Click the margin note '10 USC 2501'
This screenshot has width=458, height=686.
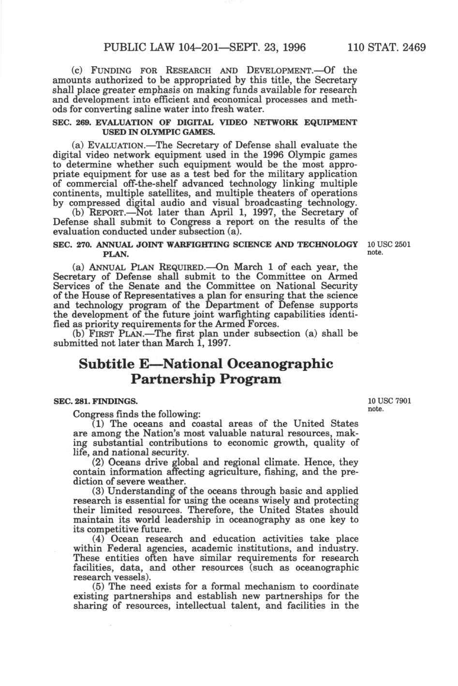coord(389,244)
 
